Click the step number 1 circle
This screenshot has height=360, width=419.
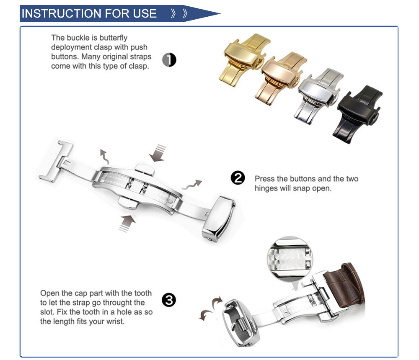pyautogui.click(x=169, y=60)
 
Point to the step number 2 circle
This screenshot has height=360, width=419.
pyautogui.click(x=238, y=178)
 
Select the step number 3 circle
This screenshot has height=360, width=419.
pyautogui.click(x=169, y=300)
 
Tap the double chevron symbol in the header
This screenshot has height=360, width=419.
pyautogui.click(x=179, y=13)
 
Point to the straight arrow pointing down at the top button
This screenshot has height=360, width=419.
pyautogui.click(x=158, y=153)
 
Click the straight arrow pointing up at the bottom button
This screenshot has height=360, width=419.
pyautogui.click(x=127, y=223)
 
